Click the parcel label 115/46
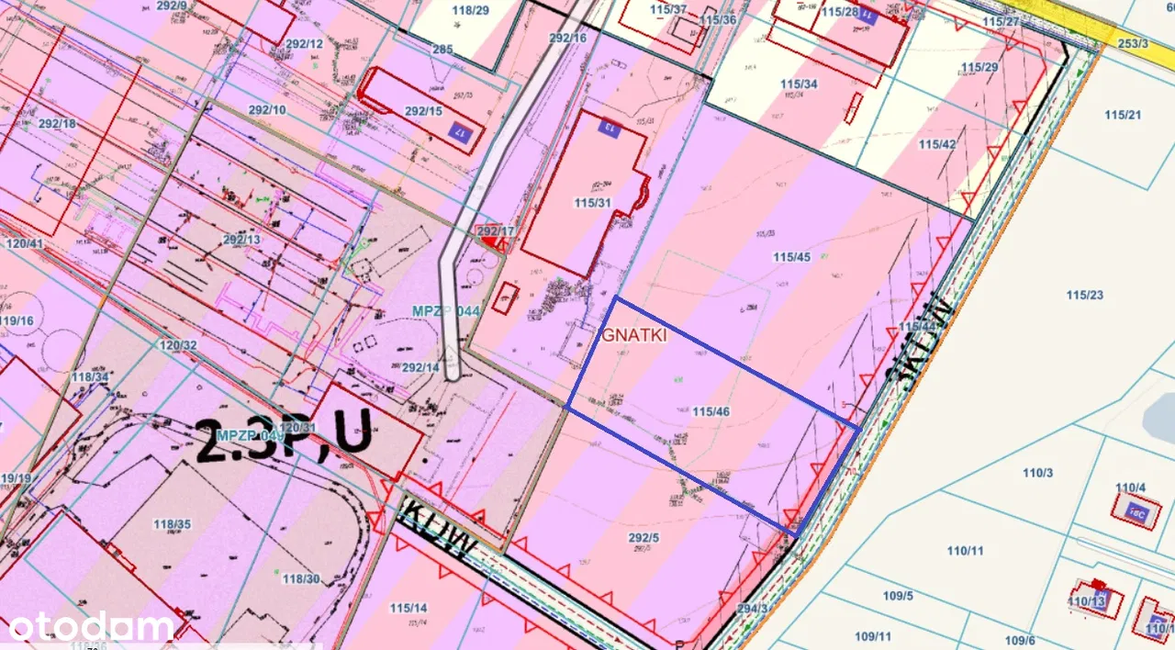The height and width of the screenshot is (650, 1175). tap(711, 412)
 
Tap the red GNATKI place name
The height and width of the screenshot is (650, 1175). tap(633, 336)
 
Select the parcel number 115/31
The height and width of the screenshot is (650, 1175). tap(591, 203)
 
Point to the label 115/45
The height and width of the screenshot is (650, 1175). tap(792, 257)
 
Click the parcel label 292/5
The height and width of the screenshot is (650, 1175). tap(643, 538)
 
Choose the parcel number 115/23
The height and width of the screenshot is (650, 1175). tap(1085, 295)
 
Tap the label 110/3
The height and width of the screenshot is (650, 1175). tap(1037, 473)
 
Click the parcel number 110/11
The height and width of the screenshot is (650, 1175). tap(965, 551)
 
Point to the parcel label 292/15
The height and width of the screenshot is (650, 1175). tap(423, 111)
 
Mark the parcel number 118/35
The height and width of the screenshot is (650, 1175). tap(173, 525)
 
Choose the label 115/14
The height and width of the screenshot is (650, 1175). tap(408, 608)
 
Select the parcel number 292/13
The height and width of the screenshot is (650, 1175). tap(241, 240)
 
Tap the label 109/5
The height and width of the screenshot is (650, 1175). tap(898, 596)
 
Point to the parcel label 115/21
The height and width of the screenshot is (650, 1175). tap(1123, 115)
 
